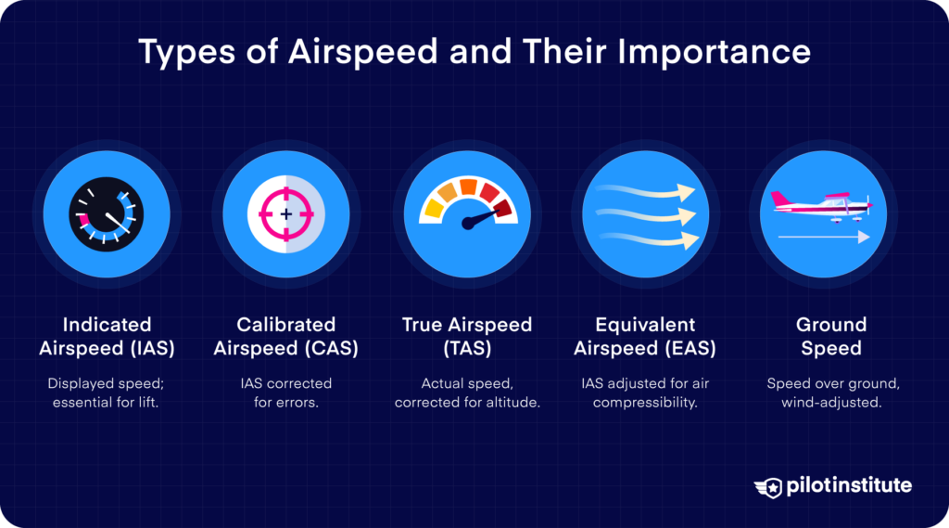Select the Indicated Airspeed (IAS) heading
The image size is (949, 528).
(x=107, y=337)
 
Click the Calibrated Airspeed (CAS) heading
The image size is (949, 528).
(x=285, y=337)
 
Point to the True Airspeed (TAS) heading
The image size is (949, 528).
(x=466, y=337)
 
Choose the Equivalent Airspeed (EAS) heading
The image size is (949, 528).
(x=645, y=337)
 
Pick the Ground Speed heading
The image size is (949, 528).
(x=830, y=337)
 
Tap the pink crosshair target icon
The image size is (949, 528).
(x=285, y=213)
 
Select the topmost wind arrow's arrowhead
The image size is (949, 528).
(x=686, y=192)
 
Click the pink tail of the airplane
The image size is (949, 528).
(x=781, y=199)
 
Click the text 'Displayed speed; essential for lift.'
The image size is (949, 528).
(x=107, y=393)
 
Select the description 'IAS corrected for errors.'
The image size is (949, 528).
(x=285, y=393)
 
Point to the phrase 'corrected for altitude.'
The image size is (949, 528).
(x=466, y=403)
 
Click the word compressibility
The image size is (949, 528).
(x=645, y=403)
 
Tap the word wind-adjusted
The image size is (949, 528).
(x=830, y=403)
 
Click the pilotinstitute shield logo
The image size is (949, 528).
(x=767, y=486)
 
